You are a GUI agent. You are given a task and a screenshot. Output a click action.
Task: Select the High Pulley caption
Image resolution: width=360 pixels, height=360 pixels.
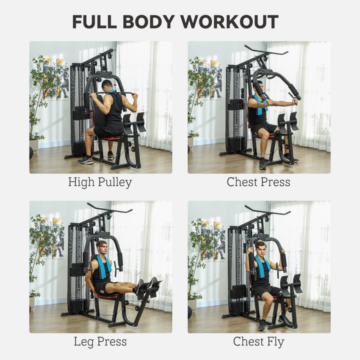pyautogui.click(x=100, y=182)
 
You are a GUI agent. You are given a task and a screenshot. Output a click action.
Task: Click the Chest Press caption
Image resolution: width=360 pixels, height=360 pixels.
pyautogui.click(x=258, y=182)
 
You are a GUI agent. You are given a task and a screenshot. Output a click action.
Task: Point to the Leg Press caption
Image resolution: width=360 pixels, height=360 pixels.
pyautogui.click(x=100, y=342)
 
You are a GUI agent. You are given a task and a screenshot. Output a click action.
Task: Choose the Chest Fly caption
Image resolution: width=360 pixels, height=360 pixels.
pyautogui.click(x=258, y=342)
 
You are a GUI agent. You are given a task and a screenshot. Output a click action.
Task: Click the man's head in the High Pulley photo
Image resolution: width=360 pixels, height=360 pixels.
pyautogui.click(x=107, y=84)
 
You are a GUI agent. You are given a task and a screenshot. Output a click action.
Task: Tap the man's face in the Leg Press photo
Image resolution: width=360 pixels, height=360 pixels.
pyautogui.click(x=102, y=247)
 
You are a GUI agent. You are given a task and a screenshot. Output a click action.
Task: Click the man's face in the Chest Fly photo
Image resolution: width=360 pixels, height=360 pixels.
pyautogui.click(x=260, y=248)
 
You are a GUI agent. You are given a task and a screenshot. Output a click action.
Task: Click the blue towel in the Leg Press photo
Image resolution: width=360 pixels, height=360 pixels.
pyautogui.click(x=104, y=267)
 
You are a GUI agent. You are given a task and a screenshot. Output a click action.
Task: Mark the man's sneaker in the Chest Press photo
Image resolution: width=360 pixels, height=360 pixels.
pyautogui.click(x=262, y=163)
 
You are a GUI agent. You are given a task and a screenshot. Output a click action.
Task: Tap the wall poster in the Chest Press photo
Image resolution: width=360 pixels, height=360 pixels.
pyautogui.click(x=209, y=79)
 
